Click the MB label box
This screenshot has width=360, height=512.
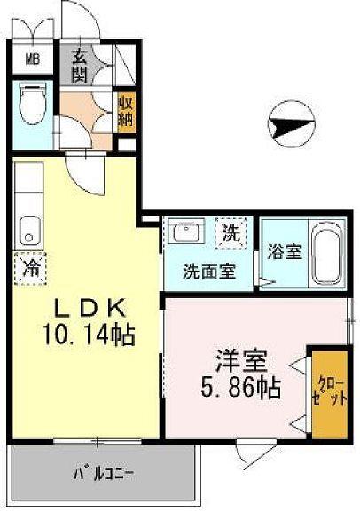[x=31, y=61]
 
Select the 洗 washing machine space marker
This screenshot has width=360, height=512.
[x=231, y=235]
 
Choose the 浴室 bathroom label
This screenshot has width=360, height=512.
[x=286, y=251]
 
